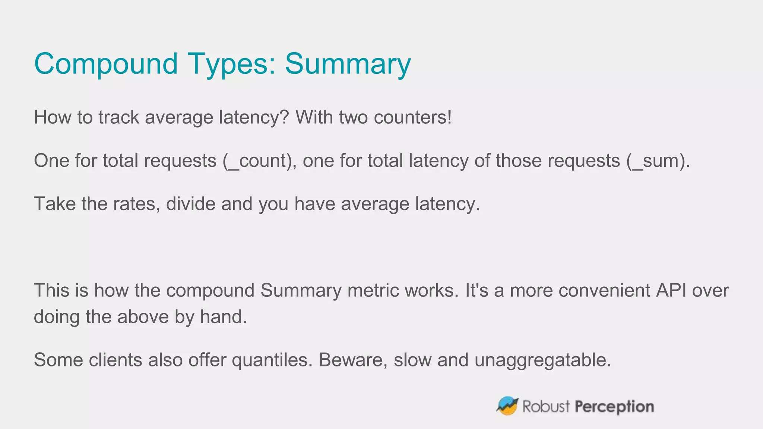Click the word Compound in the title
[106, 64]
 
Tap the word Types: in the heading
[231, 64]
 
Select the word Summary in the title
[348, 64]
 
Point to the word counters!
[412, 117]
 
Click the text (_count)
[259, 161]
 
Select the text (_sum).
[658, 161]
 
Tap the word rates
[137, 204]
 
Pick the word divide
[190, 204]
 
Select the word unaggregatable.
[543, 360]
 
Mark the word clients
[115, 360]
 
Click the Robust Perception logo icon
[507, 406]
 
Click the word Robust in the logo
[546, 406]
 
